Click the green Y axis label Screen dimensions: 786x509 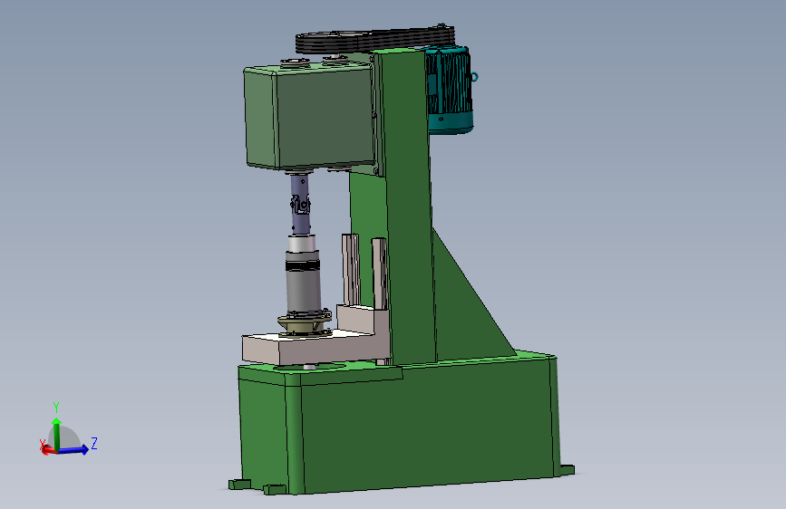(x=56, y=407)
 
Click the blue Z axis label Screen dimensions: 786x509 (x=93, y=443)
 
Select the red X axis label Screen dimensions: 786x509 (x=42, y=444)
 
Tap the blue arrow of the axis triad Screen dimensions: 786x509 (x=73, y=450)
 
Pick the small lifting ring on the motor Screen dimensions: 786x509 (x=475, y=77)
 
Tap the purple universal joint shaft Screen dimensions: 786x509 (x=300, y=204)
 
